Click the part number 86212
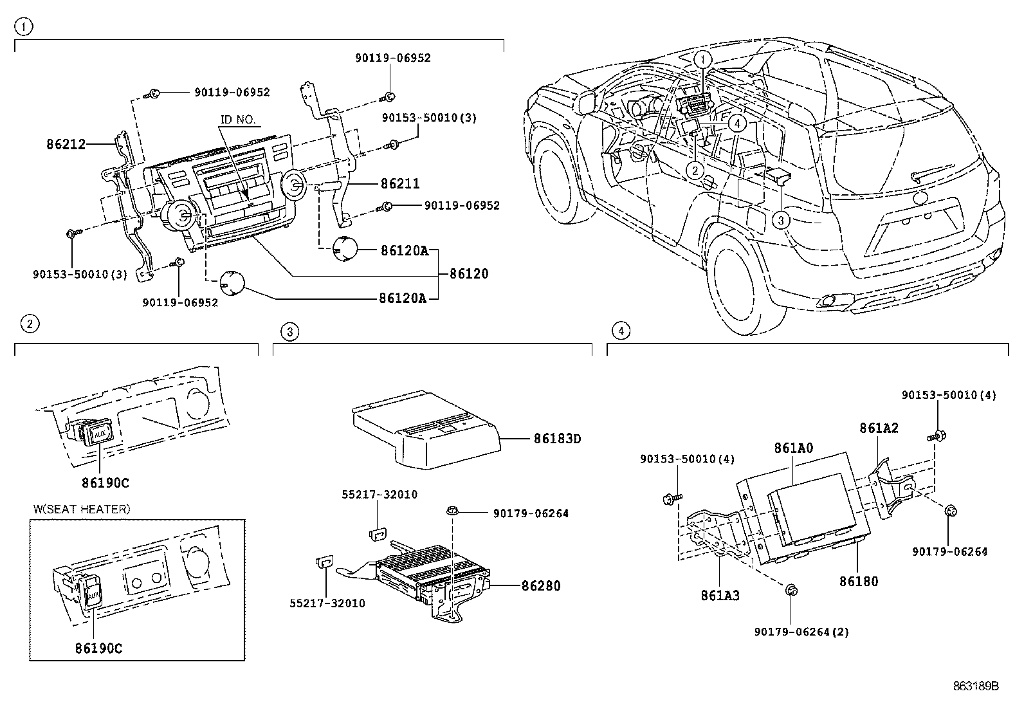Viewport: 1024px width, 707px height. point(66,145)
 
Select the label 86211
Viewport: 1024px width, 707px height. point(400,184)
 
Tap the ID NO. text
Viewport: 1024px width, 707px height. point(238,120)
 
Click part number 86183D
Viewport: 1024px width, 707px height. point(557,439)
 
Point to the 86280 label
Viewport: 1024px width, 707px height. point(541,586)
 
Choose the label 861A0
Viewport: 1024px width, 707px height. point(794,448)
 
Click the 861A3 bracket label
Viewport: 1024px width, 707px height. point(720,596)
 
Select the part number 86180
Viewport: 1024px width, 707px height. point(858,582)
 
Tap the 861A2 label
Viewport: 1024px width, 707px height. point(879,428)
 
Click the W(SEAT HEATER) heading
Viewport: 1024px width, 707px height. point(82,509)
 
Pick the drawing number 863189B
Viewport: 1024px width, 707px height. point(976,686)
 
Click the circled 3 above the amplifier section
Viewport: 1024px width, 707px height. point(290,331)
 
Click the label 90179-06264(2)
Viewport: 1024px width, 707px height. point(801,632)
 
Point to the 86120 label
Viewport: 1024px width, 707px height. point(469,273)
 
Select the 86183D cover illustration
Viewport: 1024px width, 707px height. point(425,428)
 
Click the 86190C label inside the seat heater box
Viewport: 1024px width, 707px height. point(98,648)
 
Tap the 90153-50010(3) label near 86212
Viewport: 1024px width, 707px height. point(80,274)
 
